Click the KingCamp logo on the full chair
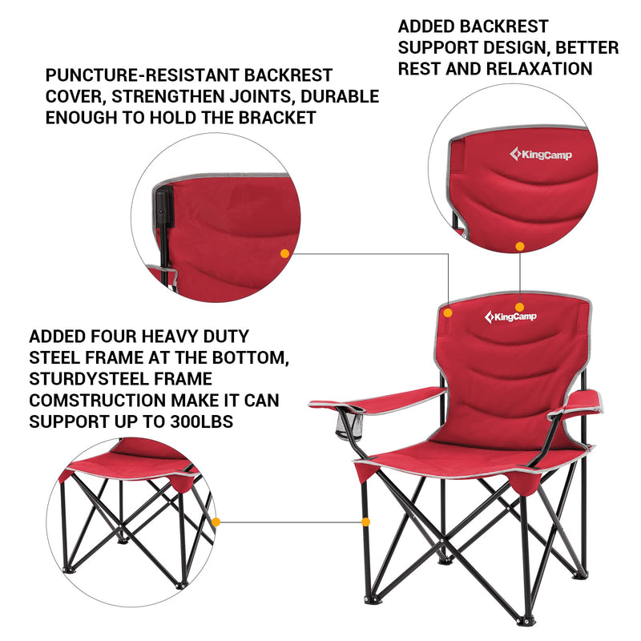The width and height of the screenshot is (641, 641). [x=511, y=317]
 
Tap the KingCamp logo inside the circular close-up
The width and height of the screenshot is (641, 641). [x=541, y=155]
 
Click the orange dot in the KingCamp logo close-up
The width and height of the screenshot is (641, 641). [x=520, y=247]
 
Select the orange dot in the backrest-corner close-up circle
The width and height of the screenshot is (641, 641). [x=284, y=253]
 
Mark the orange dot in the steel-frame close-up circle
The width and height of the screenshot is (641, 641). [x=215, y=522]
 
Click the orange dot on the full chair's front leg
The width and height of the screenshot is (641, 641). [x=366, y=522]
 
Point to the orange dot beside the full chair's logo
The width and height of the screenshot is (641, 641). [x=520, y=306]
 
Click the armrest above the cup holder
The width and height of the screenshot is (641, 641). [x=377, y=397]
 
